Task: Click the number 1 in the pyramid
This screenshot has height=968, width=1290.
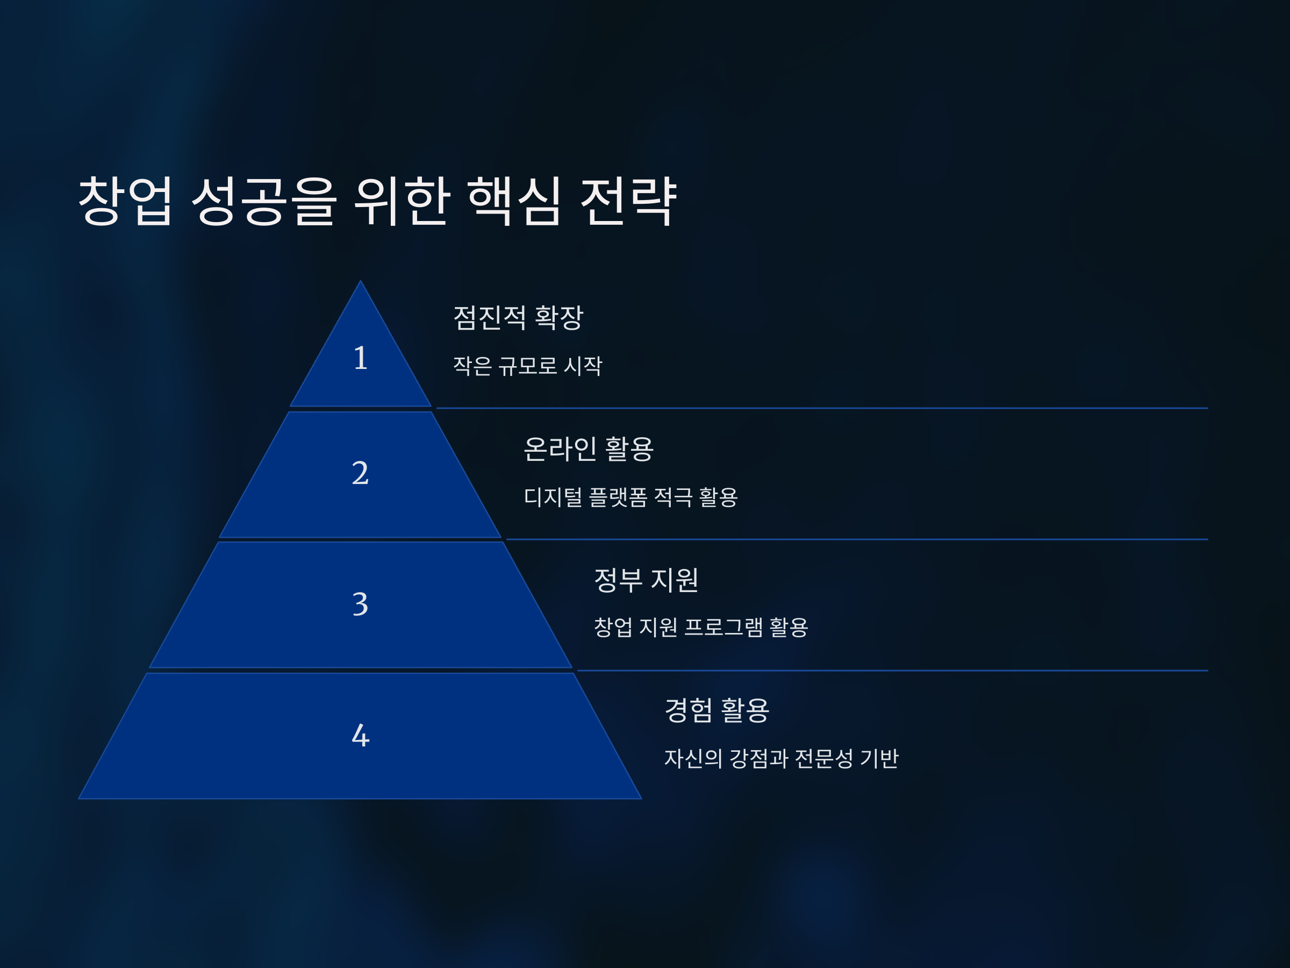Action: coord(361,358)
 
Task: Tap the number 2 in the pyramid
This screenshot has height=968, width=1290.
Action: coord(361,473)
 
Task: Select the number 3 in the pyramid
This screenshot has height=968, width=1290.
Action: coord(361,604)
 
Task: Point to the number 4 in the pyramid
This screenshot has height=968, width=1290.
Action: coord(361,735)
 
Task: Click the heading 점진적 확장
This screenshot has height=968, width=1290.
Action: coord(518,318)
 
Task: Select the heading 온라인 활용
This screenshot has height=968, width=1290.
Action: coord(588,449)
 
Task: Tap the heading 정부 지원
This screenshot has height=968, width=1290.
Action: coord(646,580)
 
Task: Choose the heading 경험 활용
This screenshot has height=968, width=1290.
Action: coord(716,710)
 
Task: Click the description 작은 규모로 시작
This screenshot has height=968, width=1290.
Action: coord(527,366)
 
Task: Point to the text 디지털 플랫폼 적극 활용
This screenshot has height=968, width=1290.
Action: coord(630,497)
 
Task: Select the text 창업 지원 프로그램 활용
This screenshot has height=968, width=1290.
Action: coord(700,627)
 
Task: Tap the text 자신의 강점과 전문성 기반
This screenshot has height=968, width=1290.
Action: coord(781,758)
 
